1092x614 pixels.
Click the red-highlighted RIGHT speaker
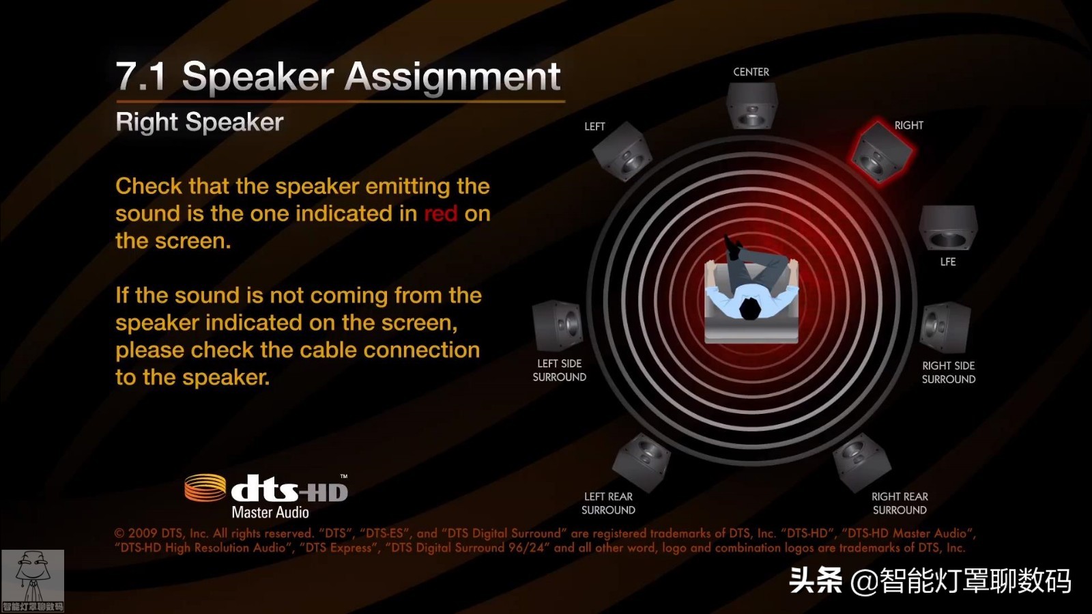tap(880, 152)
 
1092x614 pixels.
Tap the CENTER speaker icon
tap(751, 106)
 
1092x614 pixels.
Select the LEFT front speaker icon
tap(622, 151)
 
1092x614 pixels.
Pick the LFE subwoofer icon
tap(948, 228)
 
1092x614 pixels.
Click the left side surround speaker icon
tap(558, 326)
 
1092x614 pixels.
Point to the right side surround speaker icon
tap(945, 328)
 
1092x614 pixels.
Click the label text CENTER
tap(751, 72)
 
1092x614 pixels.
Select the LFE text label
tap(948, 262)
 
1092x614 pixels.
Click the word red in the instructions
tap(441, 214)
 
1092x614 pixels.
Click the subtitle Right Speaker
tap(199, 122)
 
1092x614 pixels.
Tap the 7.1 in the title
tap(141, 76)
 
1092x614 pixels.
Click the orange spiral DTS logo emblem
tap(205, 488)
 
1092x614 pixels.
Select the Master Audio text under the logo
tap(270, 512)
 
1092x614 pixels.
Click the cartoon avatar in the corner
tap(32, 581)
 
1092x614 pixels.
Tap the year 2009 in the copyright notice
tap(143, 533)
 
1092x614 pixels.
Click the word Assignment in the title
tap(453, 76)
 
